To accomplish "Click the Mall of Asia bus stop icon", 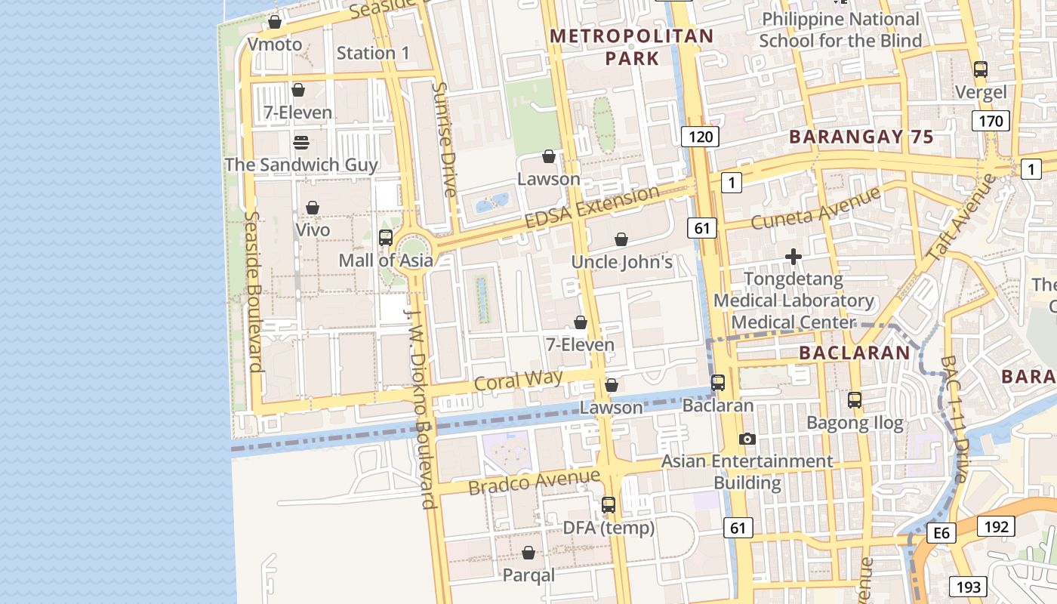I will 385,238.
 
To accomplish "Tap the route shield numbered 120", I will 700,137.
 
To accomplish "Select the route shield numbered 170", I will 991,121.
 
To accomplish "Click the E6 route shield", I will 941,534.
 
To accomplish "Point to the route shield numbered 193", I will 968,587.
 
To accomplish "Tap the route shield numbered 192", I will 996,526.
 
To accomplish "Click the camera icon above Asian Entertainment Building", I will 747,439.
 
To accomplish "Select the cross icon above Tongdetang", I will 793,257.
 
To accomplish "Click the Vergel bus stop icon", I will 980,69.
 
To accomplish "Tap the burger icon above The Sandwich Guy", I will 300,142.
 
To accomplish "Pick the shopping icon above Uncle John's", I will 621,239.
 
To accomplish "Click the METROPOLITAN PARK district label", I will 631,47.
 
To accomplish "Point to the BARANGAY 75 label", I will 861,137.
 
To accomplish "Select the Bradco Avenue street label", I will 534,482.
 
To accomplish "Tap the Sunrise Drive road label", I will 443,140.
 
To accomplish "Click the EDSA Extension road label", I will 592,208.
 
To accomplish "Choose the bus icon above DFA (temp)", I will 608,505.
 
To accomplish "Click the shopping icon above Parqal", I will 528,553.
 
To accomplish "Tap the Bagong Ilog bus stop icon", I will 854,400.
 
